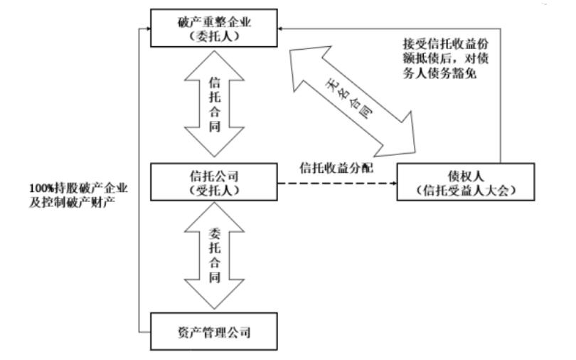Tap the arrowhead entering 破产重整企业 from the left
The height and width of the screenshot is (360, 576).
click(146, 28)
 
